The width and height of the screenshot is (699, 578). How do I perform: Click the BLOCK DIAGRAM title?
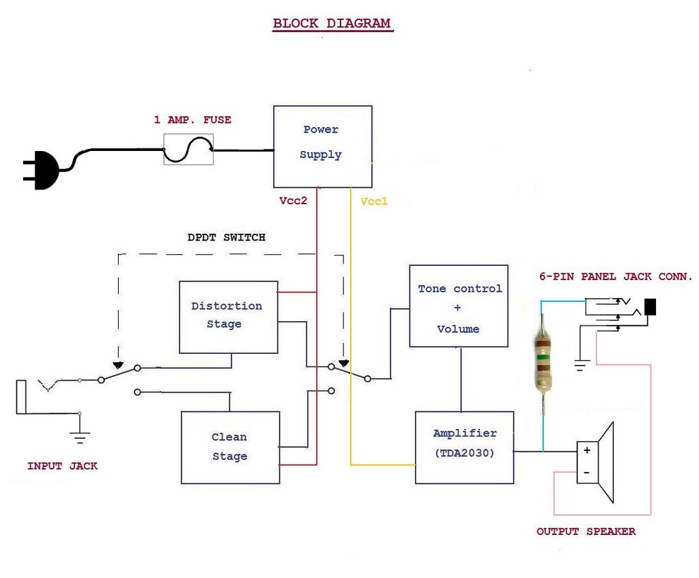tap(332, 23)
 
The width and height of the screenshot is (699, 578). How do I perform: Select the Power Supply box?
tap(323, 146)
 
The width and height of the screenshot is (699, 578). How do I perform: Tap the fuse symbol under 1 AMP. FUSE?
tap(188, 149)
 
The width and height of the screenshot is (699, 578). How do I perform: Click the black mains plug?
tap(41, 171)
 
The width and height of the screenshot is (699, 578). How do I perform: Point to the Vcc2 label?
tap(294, 202)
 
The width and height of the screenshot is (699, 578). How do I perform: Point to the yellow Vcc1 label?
tap(374, 202)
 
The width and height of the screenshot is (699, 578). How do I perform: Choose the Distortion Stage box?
tap(228, 316)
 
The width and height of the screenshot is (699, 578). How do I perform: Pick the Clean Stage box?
tap(230, 447)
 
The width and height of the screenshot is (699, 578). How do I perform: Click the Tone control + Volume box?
tap(459, 306)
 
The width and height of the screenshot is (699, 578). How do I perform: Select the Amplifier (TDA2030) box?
tap(464, 447)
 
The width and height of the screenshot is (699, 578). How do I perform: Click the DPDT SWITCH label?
tap(227, 238)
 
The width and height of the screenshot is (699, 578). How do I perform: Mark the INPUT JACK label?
tap(62, 466)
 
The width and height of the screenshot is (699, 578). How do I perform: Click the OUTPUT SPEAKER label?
tap(586, 532)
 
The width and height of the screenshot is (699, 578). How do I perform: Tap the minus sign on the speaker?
tap(586, 472)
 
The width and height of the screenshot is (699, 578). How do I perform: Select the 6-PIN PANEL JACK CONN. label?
tap(616, 277)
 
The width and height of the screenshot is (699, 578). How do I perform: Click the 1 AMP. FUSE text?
tap(192, 120)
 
